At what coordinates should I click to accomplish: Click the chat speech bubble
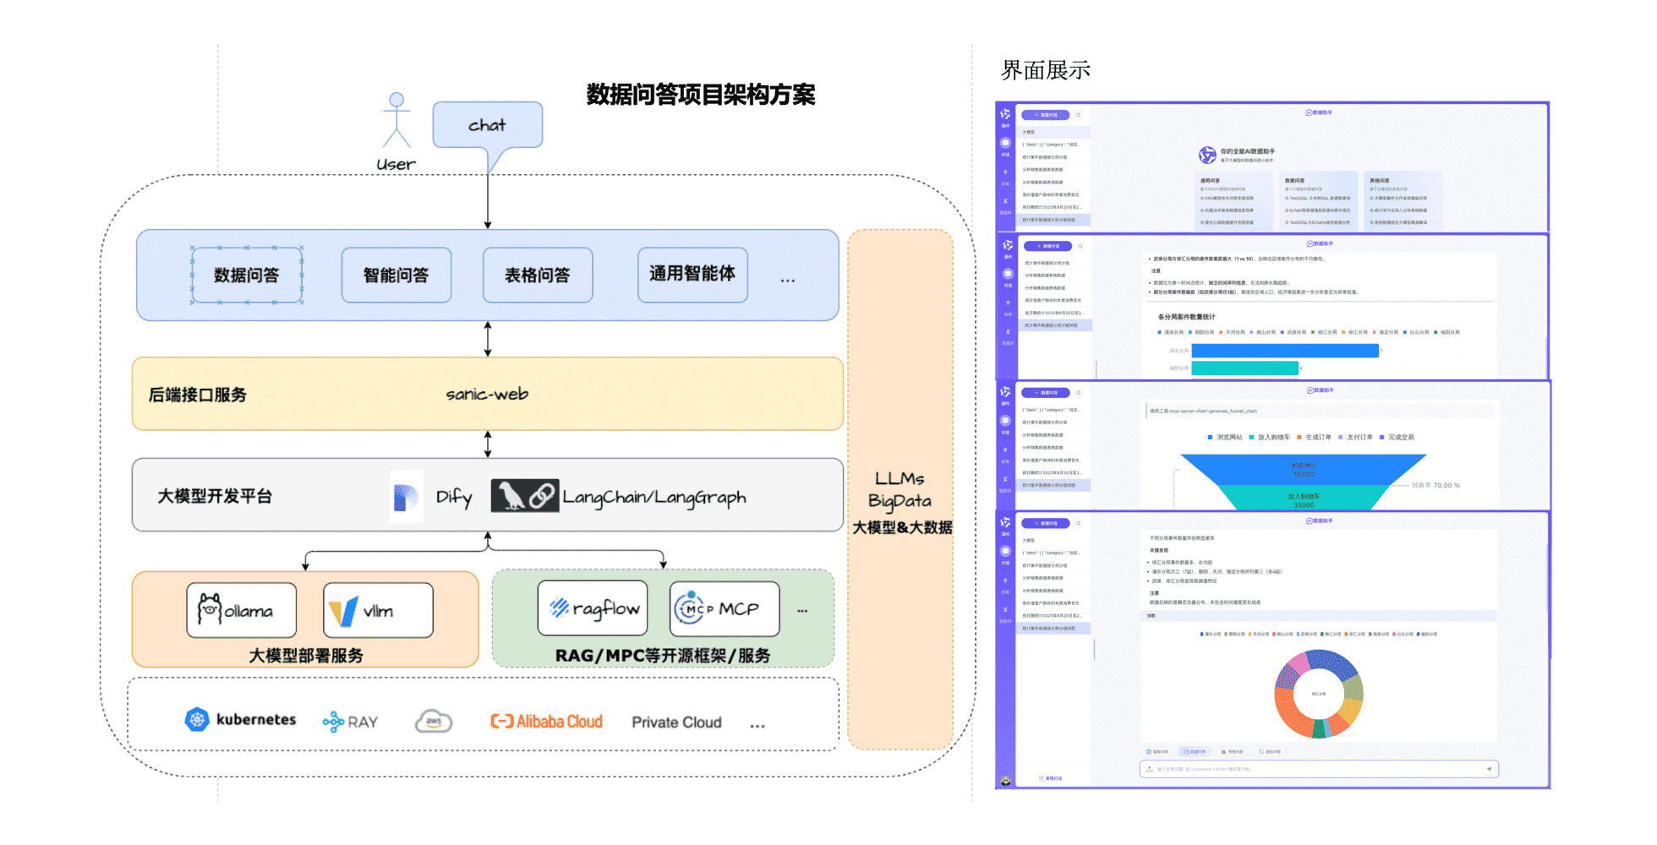click(487, 125)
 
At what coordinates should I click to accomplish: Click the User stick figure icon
click(396, 120)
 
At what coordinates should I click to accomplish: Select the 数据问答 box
click(246, 275)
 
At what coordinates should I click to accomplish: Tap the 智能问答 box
click(396, 275)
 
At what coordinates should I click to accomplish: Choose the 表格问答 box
click(537, 275)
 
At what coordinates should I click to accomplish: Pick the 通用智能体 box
click(692, 275)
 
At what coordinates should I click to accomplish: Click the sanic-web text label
click(487, 394)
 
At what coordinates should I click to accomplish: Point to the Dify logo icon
click(406, 497)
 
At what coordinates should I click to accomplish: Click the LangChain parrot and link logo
click(524, 496)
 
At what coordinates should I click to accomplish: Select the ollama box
click(241, 610)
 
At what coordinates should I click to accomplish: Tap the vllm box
click(378, 610)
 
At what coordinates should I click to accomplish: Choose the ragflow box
click(593, 608)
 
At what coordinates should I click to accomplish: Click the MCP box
click(725, 608)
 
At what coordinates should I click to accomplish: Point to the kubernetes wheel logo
click(197, 719)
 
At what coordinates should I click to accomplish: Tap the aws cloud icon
click(434, 722)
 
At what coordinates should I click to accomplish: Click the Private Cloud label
click(676, 722)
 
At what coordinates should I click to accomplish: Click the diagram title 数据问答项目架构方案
click(701, 95)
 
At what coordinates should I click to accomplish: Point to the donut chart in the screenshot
click(1319, 694)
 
